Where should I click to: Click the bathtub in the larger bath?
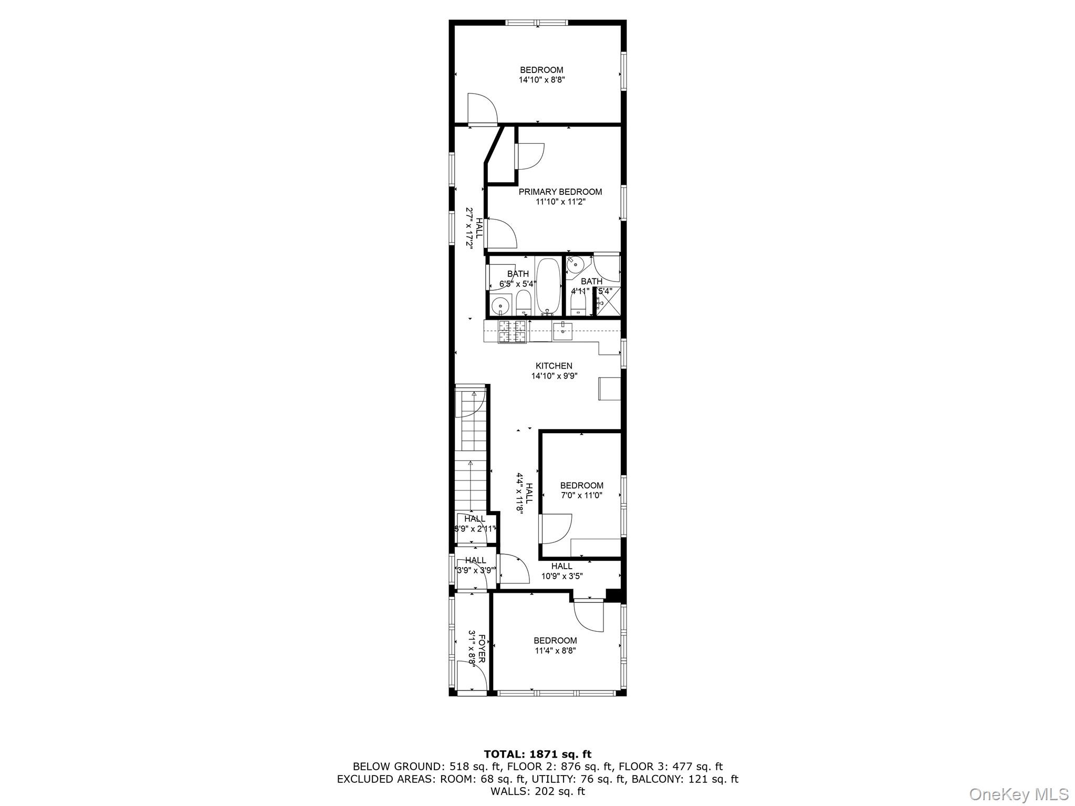coord(548,286)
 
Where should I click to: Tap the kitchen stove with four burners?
coord(512,332)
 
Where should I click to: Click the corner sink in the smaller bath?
coord(575,264)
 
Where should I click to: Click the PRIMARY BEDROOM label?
coord(560,192)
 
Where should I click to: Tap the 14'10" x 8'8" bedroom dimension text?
coord(541,80)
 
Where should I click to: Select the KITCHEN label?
coord(554,366)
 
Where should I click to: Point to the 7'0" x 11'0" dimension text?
coord(581,495)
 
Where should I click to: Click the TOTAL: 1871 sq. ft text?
coord(537,755)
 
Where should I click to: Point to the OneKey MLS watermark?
coord(1018,794)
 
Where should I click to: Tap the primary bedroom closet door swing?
coord(530,155)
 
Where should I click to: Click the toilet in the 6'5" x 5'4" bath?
coord(524,302)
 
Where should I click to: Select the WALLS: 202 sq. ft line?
coord(537,791)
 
